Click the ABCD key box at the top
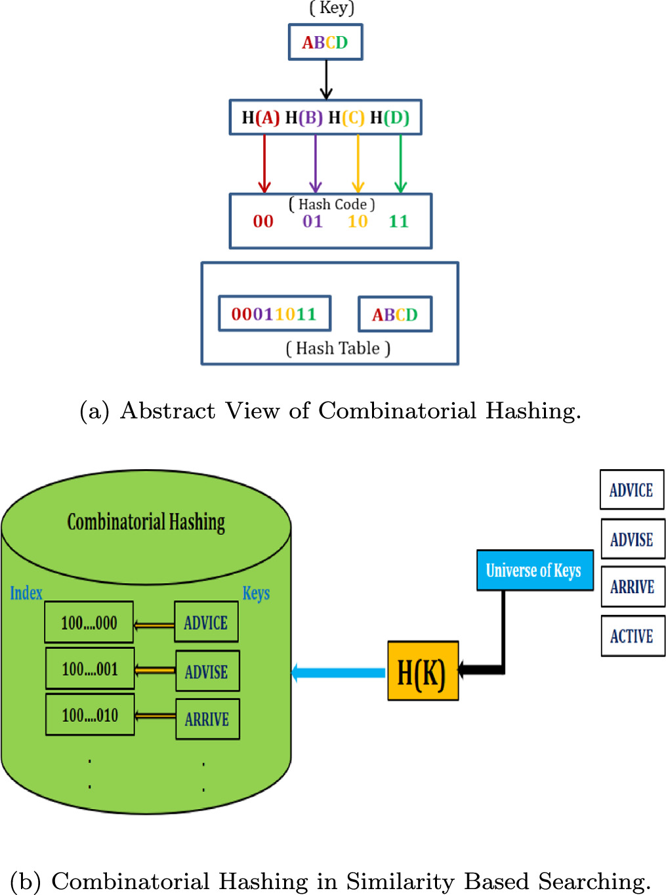(325, 43)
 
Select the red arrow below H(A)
(264, 164)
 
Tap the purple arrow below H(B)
(316, 164)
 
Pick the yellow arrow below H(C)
(358, 164)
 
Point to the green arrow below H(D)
(400, 164)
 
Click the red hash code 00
(263, 222)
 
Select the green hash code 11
(398, 222)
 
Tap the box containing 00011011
(274, 314)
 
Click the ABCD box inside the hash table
(395, 315)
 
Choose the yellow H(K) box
(423, 671)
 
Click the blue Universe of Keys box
(534, 570)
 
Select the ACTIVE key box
(633, 636)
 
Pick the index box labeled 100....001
(90, 669)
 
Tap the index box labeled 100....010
(90, 715)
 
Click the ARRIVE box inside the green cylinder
(207, 719)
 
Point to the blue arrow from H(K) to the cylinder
(338, 673)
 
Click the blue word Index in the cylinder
(26, 593)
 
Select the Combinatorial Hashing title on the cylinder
(146, 522)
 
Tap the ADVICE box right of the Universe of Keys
(631, 490)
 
